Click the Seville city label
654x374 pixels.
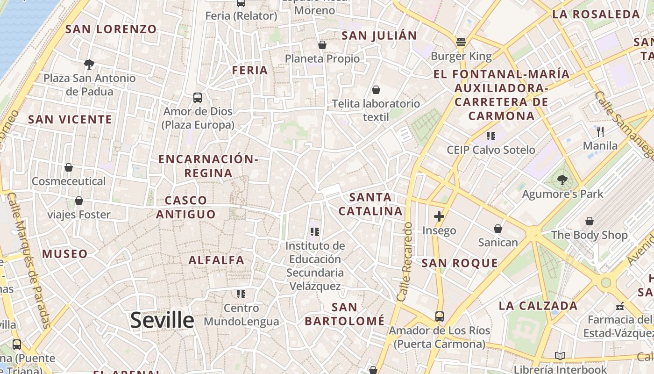click(x=162, y=320)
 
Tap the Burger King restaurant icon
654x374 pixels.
click(x=461, y=43)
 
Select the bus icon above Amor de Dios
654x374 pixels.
click(x=198, y=98)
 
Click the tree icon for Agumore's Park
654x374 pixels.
click(x=562, y=180)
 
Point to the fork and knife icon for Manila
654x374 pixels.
click(x=600, y=132)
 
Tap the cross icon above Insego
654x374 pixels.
click(x=439, y=216)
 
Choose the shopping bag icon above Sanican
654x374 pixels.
click(x=498, y=229)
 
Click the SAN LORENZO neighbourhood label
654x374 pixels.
click(x=111, y=29)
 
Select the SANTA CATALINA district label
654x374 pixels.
click(x=370, y=204)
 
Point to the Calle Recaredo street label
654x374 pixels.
click(x=405, y=262)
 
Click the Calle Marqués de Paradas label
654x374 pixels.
click(x=29, y=259)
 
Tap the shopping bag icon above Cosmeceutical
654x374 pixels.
click(x=69, y=167)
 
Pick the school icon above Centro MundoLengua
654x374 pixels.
click(x=241, y=294)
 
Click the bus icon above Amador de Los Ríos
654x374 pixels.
click(x=439, y=316)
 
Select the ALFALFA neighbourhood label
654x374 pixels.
click(x=216, y=260)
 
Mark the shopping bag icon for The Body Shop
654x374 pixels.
click(x=590, y=221)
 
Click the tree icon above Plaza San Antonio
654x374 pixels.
click(x=89, y=64)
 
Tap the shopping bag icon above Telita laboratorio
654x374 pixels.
click(x=376, y=90)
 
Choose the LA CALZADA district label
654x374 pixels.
click(x=538, y=306)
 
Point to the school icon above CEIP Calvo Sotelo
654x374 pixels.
click(x=490, y=136)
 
